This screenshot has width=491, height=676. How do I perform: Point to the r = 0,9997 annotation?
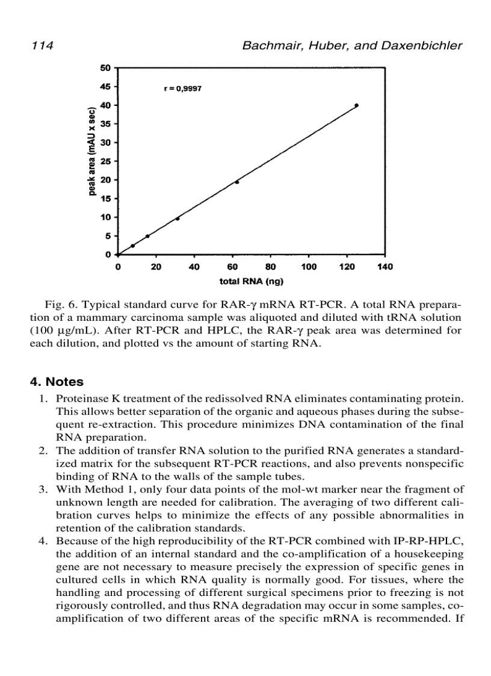pos(182,88)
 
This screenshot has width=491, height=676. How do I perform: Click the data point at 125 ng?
pos(356,105)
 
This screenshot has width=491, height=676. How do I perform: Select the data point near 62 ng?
pos(236,182)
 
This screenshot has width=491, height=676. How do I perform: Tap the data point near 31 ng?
pos(178,219)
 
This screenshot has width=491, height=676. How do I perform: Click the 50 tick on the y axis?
pos(106,68)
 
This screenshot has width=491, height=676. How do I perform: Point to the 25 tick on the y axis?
pos(106,161)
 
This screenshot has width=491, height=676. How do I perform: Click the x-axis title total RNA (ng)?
pos(251,281)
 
